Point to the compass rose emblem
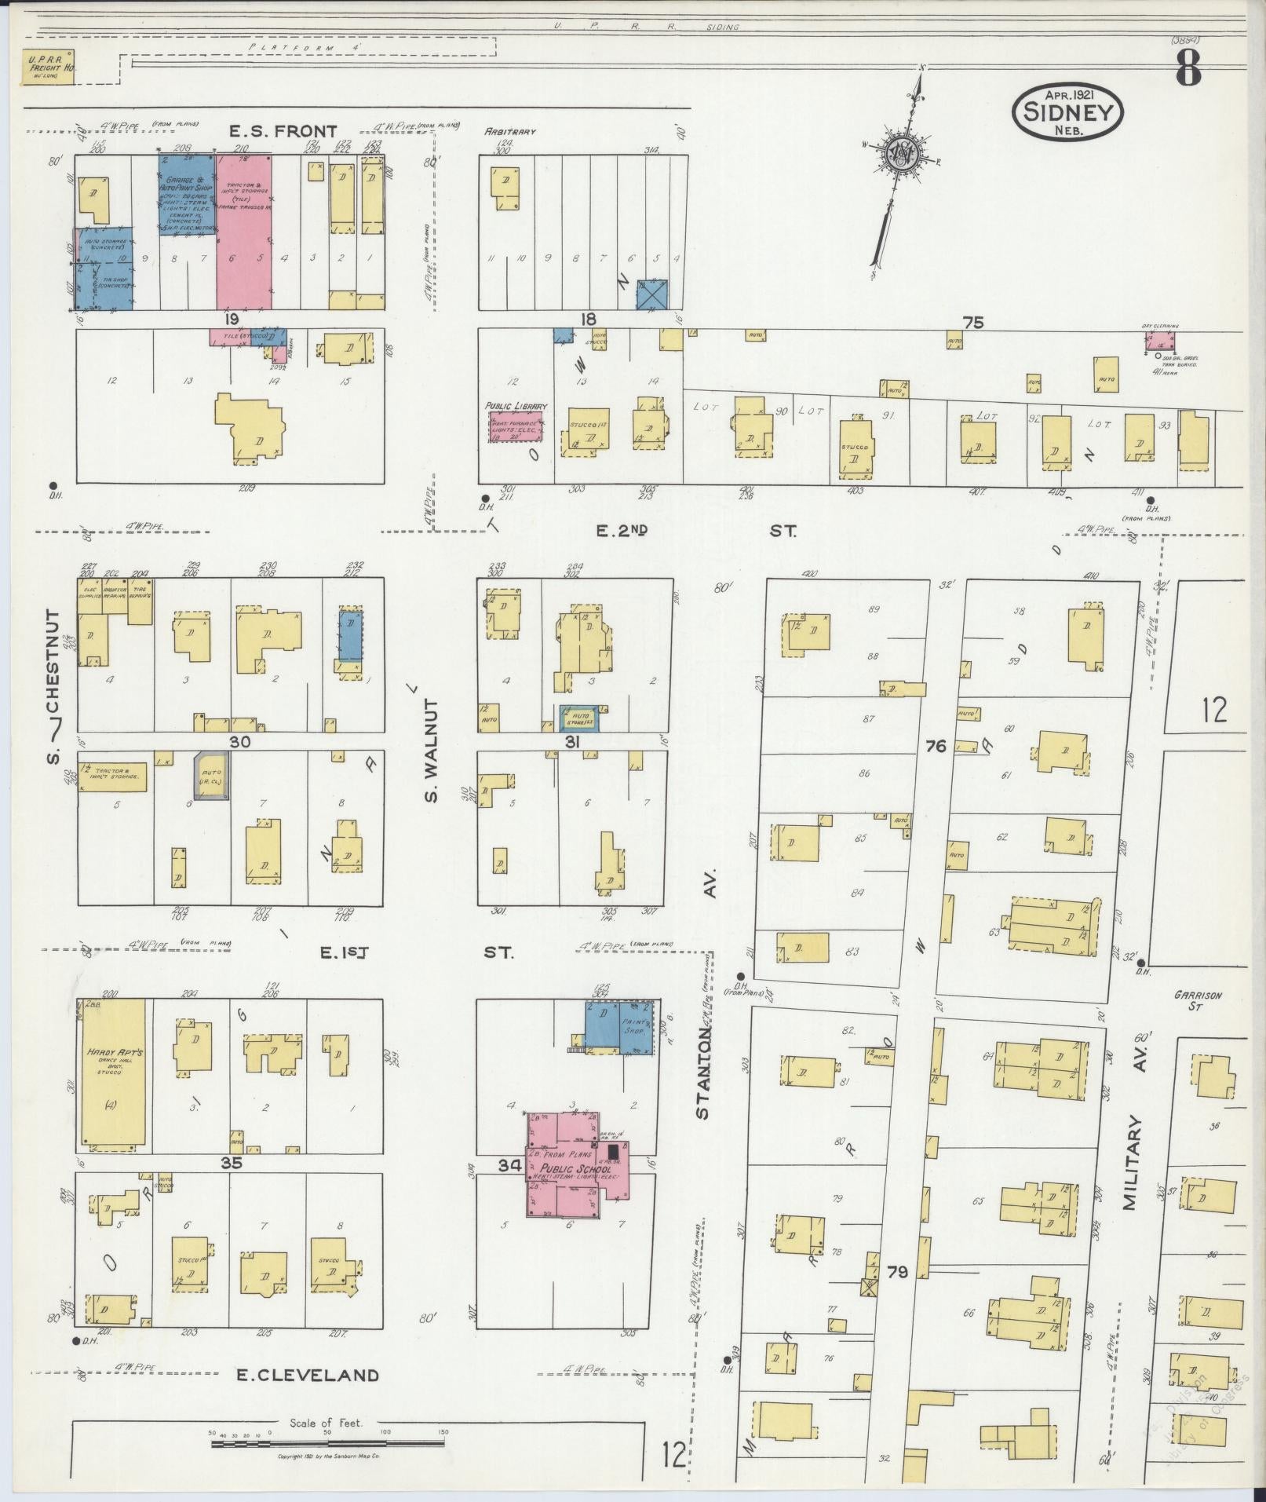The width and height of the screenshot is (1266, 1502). click(899, 154)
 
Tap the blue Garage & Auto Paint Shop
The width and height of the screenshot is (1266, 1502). click(187, 193)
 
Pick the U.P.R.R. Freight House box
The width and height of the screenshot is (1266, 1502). click(46, 68)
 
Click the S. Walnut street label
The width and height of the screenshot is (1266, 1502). click(432, 751)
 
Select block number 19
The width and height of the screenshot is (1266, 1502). click(230, 320)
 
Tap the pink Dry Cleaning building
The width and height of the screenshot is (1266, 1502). click(1159, 341)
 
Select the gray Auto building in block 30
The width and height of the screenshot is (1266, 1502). click(212, 776)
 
